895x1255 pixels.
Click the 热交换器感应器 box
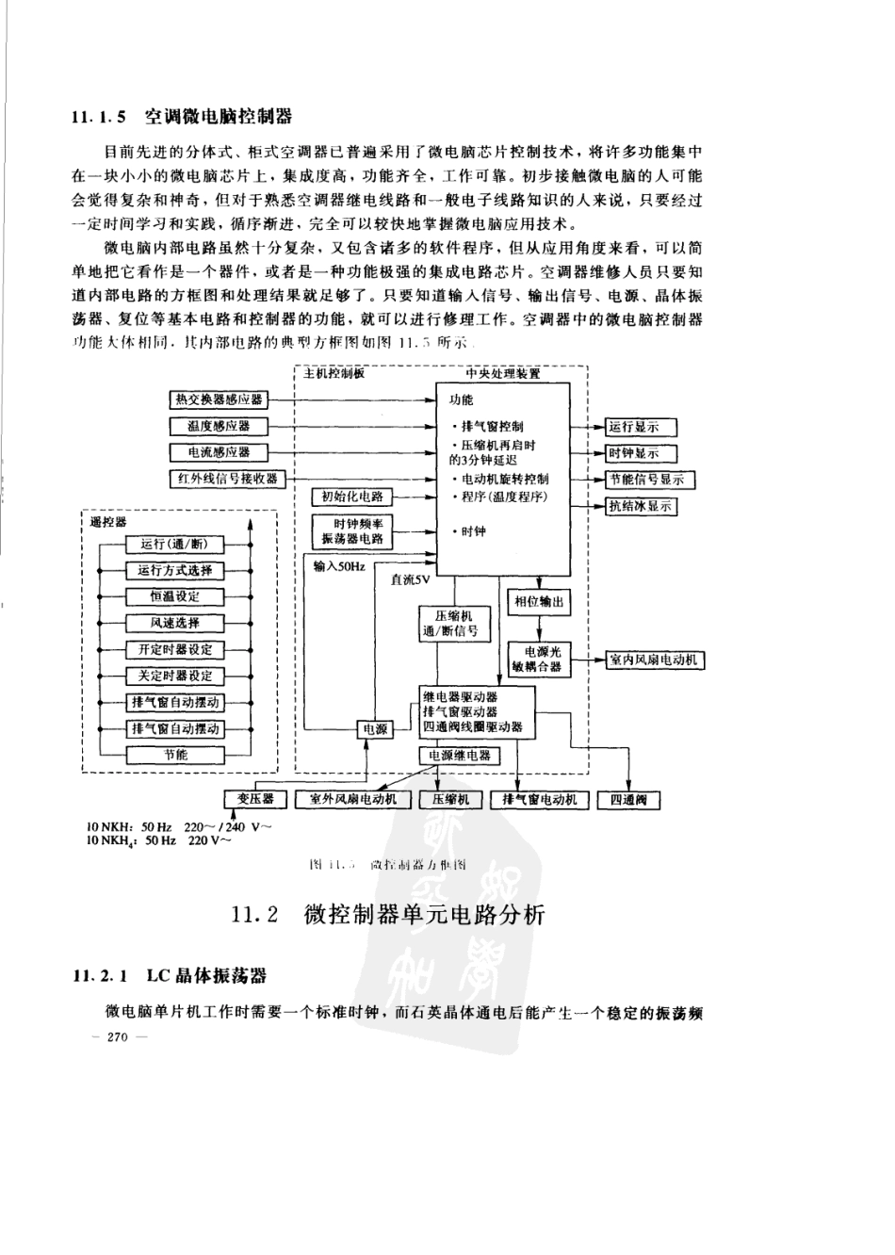(x=219, y=399)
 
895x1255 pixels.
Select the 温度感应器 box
(x=219, y=426)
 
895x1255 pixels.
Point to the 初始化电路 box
(x=352, y=497)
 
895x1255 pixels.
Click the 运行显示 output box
(x=633, y=427)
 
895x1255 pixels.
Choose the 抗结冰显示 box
(x=641, y=506)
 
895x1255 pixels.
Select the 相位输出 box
(x=539, y=601)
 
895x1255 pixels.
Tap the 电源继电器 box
(x=460, y=755)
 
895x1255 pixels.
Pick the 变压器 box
(x=254, y=799)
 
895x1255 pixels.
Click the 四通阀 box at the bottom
(x=629, y=800)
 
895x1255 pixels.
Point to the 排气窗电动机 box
(x=539, y=800)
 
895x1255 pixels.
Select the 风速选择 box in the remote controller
(x=175, y=623)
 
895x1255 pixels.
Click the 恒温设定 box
(x=175, y=596)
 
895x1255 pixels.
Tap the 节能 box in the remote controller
(x=175, y=754)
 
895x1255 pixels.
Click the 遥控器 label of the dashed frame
(x=107, y=521)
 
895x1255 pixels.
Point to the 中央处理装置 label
(x=503, y=374)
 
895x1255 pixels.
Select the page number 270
(x=117, y=1037)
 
